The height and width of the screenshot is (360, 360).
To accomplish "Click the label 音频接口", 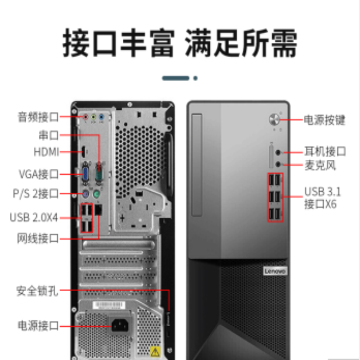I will pos(38,117).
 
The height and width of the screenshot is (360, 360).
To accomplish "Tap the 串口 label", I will pos(49,135).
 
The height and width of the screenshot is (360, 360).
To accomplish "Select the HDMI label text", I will pos(46,152).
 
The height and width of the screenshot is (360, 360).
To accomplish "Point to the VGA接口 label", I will pos(39,173).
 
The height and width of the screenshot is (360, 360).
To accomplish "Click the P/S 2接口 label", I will pos(36,194).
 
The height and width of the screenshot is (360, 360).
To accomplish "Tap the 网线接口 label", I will pos(38,238).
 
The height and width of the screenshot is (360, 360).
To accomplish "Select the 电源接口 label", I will pos(38,325).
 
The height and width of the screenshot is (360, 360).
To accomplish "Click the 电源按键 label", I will pos(324,120).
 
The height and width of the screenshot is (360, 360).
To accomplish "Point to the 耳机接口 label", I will pos(325,151).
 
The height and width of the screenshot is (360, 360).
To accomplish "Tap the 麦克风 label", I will pos(320,166).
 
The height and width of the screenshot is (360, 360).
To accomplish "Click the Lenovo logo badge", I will pos(274,271).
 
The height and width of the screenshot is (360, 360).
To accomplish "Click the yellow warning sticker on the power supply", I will pos(154,351).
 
